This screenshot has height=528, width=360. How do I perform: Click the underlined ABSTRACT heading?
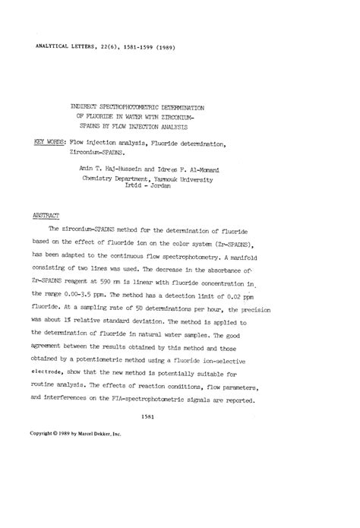click(x=46, y=216)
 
